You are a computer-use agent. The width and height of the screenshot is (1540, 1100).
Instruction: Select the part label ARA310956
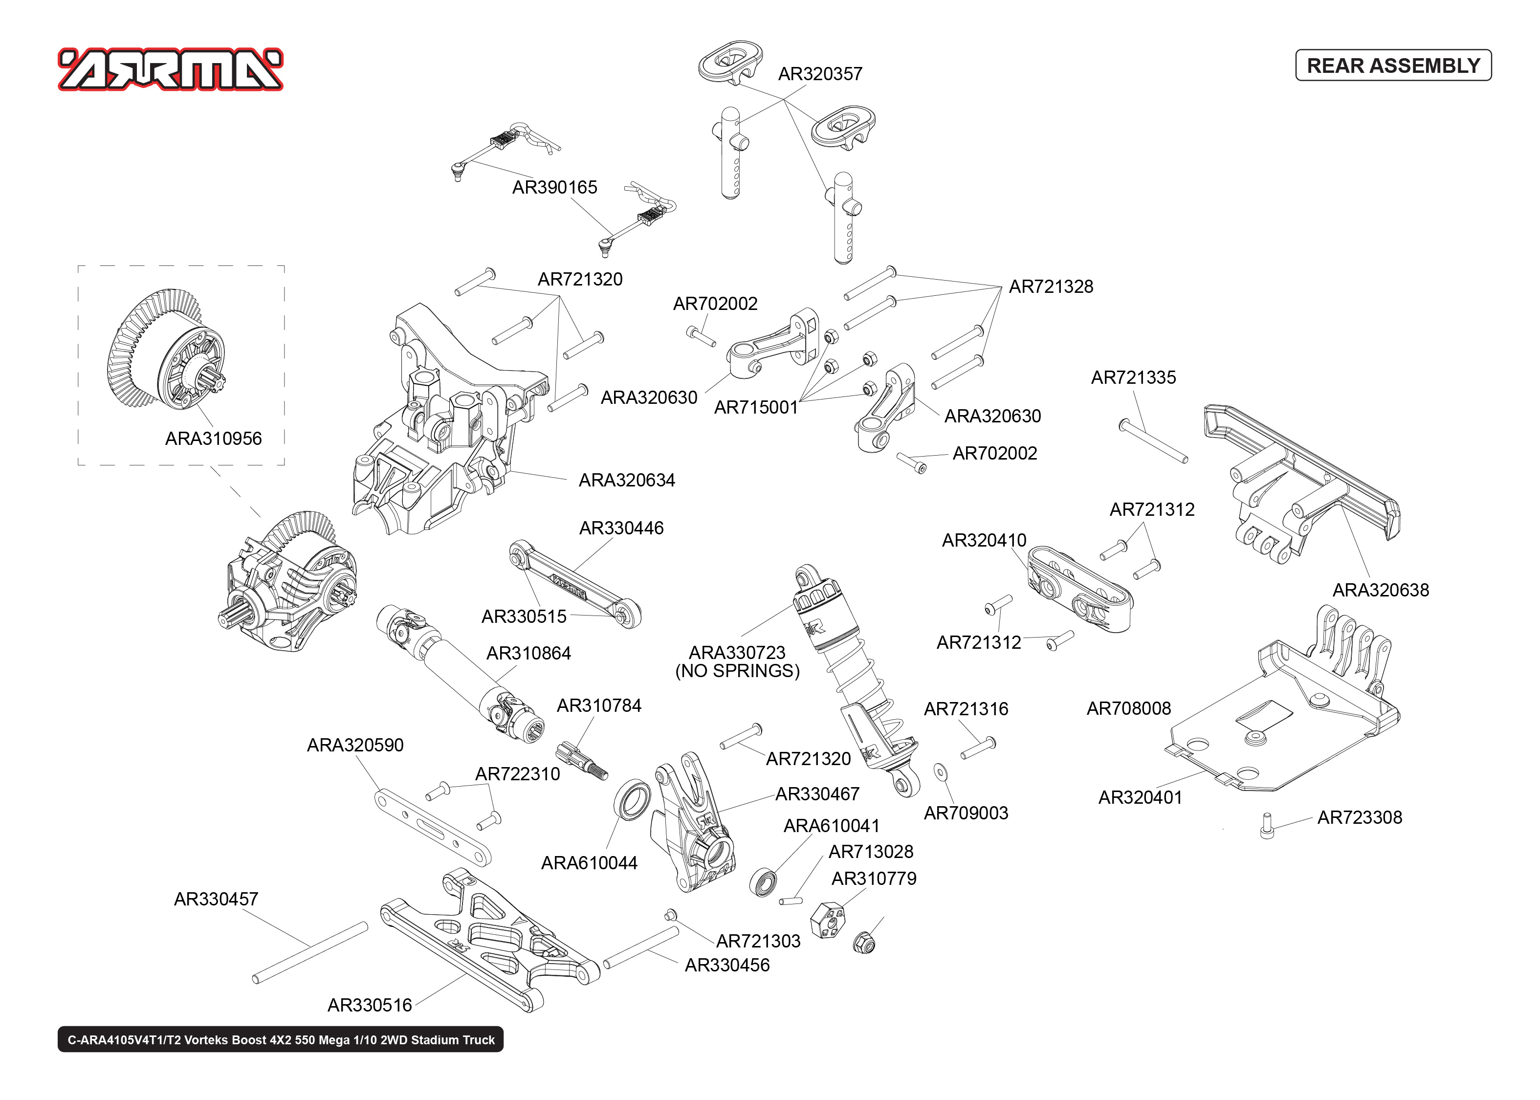coord(213,439)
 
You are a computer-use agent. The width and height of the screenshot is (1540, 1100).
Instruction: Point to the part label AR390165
coord(554,188)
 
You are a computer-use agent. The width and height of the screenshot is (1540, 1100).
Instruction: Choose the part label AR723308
coord(1359,817)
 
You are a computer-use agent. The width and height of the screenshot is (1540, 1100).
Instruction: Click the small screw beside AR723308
coord(1266,826)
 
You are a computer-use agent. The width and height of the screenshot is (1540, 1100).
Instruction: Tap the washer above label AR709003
coord(940,772)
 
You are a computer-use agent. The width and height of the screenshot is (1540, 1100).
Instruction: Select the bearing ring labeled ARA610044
coord(632,800)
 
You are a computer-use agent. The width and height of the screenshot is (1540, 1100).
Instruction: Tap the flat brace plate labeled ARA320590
coord(432,827)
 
